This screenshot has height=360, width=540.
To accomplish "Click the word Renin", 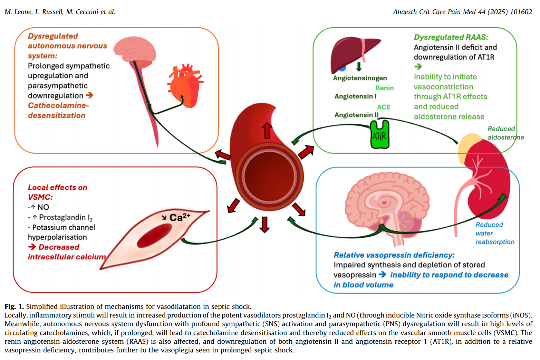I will pos(384,88).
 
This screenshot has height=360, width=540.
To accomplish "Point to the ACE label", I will pos(384,107).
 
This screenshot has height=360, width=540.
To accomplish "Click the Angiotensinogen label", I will pos(360,78).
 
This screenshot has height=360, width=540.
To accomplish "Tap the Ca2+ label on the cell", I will pos(179,217).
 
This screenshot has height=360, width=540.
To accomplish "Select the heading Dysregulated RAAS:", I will pos(451,37).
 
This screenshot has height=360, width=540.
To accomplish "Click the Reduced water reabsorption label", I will pos(494,233).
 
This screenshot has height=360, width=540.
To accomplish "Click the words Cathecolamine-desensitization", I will pos(57,110).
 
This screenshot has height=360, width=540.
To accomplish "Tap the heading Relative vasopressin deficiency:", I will pos(394,255).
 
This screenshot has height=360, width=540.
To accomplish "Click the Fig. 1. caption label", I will pos(14,306).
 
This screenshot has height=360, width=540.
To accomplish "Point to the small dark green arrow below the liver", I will pos(359,66).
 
